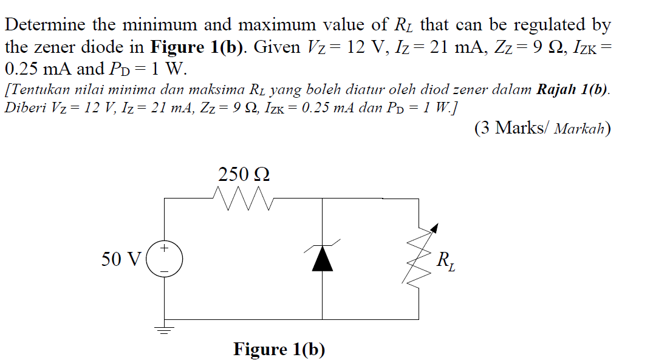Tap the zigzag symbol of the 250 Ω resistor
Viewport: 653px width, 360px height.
point(244,198)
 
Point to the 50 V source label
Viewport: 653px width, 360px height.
point(121,259)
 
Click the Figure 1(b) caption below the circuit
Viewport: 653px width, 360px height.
point(279,350)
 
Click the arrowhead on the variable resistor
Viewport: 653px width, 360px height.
point(433,229)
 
